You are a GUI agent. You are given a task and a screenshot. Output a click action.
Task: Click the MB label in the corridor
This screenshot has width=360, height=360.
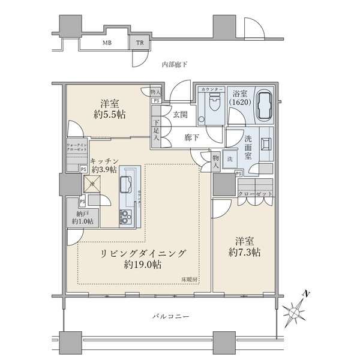pyautogui.click(x=106, y=43)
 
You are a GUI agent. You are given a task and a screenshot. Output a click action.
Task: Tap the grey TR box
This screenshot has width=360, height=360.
pyautogui.click(x=139, y=43)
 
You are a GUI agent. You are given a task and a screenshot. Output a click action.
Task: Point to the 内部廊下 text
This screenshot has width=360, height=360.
pyautogui.click(x=175, y=64)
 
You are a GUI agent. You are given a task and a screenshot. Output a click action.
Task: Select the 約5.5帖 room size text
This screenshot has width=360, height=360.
pyautogui.click(x=109, y=113)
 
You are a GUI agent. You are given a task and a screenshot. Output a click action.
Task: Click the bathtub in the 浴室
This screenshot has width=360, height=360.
pyautogui.click(x=264, y=107)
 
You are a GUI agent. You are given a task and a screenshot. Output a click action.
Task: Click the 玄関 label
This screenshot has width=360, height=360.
pyautogui.click(x=181, y=115)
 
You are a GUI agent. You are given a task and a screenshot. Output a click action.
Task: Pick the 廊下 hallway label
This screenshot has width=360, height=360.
pyautogui.click(x=192, y=137)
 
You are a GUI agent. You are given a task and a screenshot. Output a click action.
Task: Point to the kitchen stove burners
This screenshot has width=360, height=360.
pyautogui.click(x=126, y=215)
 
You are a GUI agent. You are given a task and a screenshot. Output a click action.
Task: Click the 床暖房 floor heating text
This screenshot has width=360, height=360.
pyautogui.click(x=190, y=280)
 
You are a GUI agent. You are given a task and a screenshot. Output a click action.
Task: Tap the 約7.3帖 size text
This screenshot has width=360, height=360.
pyautogui.click(x=245, y=253)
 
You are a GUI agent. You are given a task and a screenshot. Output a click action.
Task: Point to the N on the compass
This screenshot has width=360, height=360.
pyautogui.click(x=306, y=294)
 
